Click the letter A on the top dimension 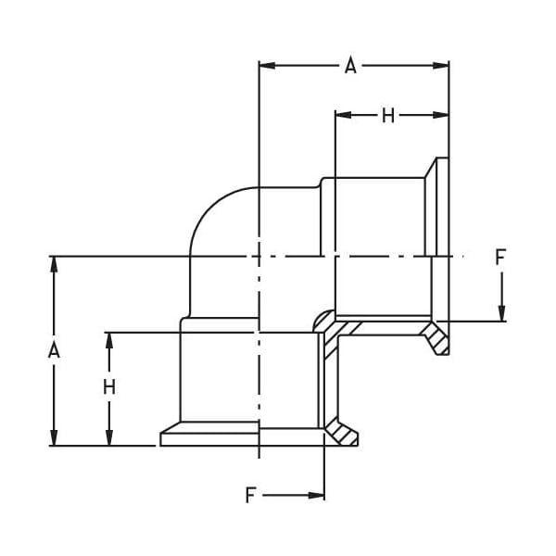[x=350, y=67]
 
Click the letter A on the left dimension [x=54, y=350]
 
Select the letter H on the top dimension [x=388, y=116]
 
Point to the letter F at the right [x=500, y=257]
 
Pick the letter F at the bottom [x=251, y=495]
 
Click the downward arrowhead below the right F [x=501, y=313]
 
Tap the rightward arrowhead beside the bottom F [x=316, y=496]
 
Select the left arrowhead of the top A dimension [x=267, y=66]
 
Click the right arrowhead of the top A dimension [x=441, y=66]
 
